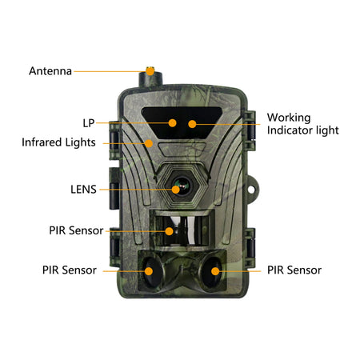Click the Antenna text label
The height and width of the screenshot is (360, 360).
coord(50,70)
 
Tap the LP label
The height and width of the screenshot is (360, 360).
coord(89,123)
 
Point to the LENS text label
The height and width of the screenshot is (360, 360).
coord(83,190)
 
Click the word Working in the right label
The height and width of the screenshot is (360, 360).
coord(289,117)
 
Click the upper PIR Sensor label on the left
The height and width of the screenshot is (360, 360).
coord(76,230)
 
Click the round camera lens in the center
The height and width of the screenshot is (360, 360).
coord(178,187)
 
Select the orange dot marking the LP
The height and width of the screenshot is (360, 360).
coord(172,123)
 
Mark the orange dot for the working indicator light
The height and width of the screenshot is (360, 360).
coord(192,123)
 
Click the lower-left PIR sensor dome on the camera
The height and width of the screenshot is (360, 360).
coord(149,270)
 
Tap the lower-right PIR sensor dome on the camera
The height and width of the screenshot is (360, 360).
coord(214,270)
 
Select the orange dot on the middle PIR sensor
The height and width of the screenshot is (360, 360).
coord(168,230)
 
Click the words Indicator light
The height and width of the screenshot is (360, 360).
coord(302,130)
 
